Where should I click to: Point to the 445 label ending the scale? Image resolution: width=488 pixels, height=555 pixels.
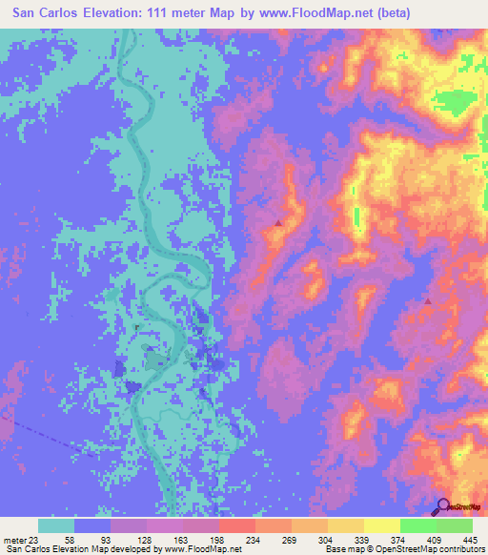[456, 539]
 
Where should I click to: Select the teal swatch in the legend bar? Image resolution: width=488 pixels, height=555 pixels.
[56, 525]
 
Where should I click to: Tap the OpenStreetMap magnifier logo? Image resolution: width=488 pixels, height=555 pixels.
[444, 506]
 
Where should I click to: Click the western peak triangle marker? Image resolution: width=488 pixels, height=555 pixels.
[278, 223]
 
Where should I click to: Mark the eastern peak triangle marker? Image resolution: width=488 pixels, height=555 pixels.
[427, 301]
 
